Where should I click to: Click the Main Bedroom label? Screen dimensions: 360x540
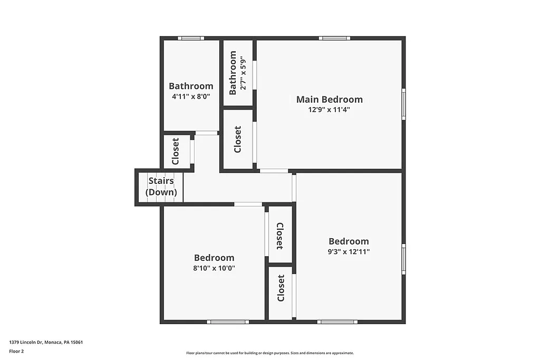[329, 99]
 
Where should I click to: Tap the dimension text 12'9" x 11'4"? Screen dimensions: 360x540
[329, 110]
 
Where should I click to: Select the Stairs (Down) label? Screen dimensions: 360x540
[161, 187]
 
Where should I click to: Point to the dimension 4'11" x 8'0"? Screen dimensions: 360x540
[191, 97]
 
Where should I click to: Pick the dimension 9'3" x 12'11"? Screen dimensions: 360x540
[349, 252]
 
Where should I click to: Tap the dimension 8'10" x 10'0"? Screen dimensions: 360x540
[214, 268]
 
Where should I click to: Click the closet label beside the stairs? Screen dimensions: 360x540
[176, 151]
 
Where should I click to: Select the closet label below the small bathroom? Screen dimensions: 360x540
[237, 139]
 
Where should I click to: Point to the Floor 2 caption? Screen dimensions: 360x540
[16, 351]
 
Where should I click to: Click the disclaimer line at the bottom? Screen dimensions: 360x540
[270, 353]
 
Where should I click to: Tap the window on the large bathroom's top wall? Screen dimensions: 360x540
[190, 38]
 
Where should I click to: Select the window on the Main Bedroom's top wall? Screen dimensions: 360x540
[334, 38]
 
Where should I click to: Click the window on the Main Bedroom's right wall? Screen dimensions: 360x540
[403, 104]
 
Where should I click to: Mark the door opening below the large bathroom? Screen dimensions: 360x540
[206, 133]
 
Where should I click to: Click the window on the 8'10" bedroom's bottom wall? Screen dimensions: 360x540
[227, 322]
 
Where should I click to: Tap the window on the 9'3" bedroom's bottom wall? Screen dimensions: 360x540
[337, 322]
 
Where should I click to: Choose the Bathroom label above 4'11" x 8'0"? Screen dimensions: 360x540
[191, 86]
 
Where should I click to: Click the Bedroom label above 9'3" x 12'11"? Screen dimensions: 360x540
[349, 241]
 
